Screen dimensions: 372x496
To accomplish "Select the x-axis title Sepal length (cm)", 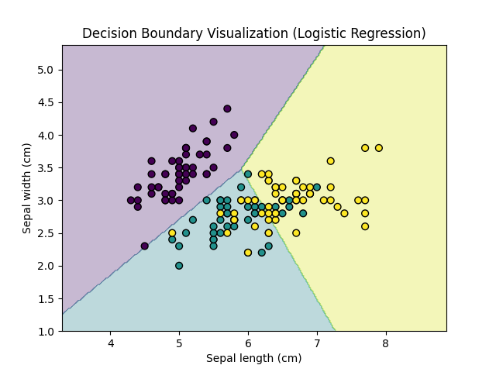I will click(x=254, y=358).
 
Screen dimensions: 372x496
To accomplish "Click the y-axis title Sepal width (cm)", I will click(x=27, y=188).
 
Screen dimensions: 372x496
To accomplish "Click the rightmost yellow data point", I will click(x=379, y=148).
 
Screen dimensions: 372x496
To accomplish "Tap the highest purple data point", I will click(x=227, y=109).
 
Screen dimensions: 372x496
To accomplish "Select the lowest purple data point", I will click(x=145, y=246).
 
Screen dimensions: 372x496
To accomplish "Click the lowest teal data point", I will click(x=179, y=266).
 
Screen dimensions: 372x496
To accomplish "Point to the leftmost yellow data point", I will click(x=172, y=233).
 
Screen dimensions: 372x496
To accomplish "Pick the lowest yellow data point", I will click(x=248, y=253).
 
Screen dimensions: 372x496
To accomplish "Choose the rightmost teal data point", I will click(x=317, y=188).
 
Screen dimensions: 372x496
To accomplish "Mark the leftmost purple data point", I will click(x=131, y=200).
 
